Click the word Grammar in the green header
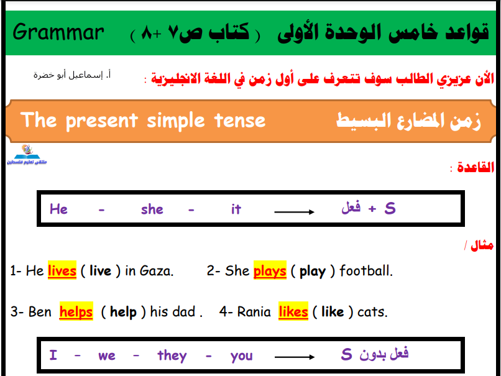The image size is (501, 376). [58, 32]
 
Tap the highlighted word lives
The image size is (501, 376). [62, 270]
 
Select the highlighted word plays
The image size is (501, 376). [270, 271]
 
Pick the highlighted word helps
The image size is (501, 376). [76, 311]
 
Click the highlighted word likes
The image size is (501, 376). [293, 311]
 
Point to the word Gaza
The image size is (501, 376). [157, 271]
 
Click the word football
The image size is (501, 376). [366, 270]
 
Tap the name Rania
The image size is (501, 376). [254, 311]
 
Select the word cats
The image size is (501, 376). [372, 312]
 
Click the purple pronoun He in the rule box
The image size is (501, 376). [58, 209]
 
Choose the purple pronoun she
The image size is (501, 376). [152, 209]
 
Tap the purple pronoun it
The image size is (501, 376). [236, 209]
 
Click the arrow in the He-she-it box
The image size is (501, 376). [294, 212]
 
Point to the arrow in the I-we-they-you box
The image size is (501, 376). [295, 357]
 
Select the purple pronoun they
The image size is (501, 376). [172, 355]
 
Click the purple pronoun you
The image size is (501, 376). [242, 356]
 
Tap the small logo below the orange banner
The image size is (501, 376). [27, 155]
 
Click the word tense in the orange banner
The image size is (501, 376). [240, 121]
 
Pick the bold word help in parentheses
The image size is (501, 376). [123, 312]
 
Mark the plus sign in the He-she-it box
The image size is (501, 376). [372, 209]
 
